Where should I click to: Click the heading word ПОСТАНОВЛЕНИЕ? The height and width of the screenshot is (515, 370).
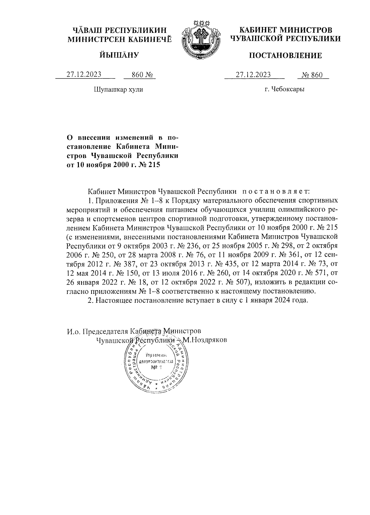pos(285,55)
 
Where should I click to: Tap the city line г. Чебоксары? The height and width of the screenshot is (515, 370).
pos(284,90)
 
